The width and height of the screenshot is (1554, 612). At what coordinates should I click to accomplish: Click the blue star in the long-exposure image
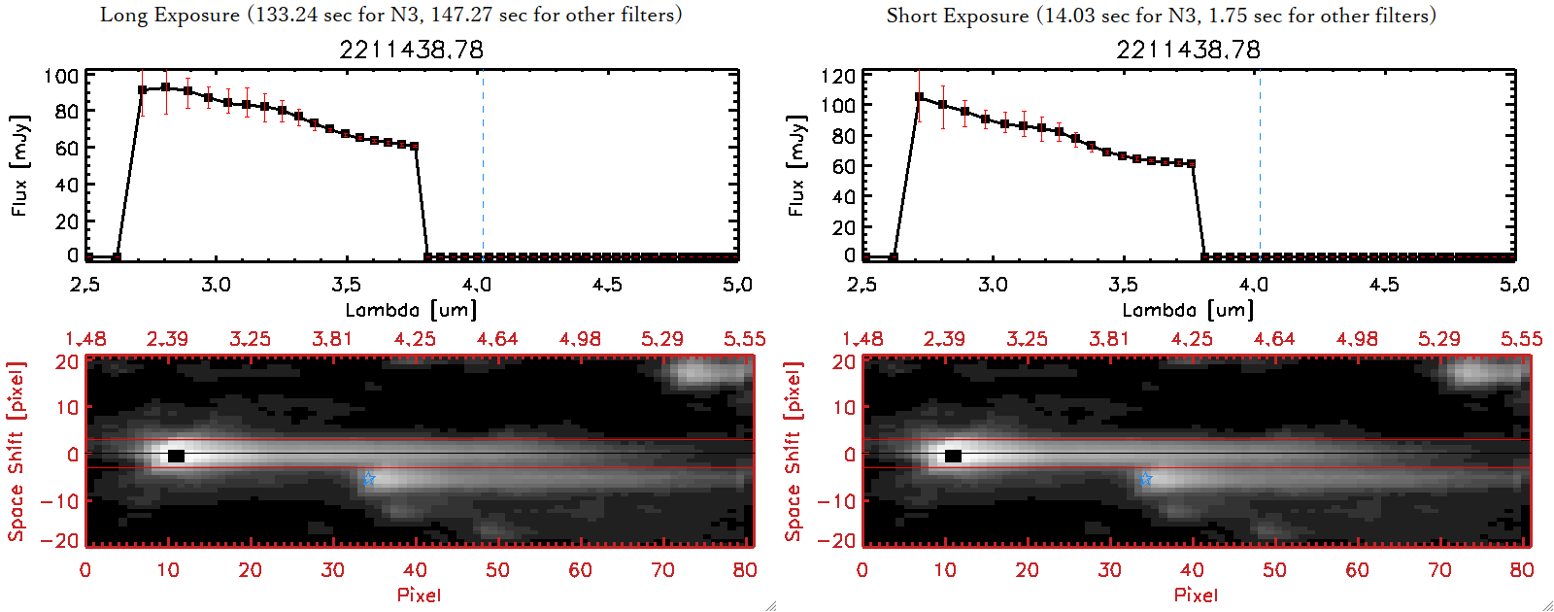click(368, 479)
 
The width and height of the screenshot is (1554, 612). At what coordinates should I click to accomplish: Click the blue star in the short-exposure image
click(1145, 479)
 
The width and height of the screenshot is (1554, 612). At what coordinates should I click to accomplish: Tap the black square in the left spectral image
click(176, 456)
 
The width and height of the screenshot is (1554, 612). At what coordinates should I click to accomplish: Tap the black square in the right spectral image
click(953, 456)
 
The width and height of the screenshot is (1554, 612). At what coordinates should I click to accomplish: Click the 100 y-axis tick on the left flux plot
click(61, 76)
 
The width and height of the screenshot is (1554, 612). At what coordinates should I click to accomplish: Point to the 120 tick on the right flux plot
click(838, 76)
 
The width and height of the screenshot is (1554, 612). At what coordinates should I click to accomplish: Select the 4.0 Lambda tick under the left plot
click(476, 285)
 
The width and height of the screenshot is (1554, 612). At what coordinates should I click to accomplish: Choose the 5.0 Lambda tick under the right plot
click(1514, 285)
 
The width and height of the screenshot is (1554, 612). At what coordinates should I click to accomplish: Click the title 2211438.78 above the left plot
click(411, 50)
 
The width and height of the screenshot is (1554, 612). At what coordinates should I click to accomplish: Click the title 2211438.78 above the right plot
click(1188, 50)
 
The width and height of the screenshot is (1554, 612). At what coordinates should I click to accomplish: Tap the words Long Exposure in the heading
click(170, 15)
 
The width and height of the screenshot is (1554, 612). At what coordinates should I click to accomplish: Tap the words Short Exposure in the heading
click(957, 16)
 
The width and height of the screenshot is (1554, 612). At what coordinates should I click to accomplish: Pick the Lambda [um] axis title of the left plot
click(411, 310)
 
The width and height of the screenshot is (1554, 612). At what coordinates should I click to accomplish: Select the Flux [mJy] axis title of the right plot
click(797, 166)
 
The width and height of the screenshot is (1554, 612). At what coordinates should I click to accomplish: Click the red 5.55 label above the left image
click(744, 339)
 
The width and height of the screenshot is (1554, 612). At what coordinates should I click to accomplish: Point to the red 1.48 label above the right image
click(862, 339)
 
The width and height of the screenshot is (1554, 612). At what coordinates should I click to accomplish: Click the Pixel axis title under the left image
click(419, 595)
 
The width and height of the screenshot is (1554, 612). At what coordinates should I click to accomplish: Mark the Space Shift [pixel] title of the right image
click(794, 452)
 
